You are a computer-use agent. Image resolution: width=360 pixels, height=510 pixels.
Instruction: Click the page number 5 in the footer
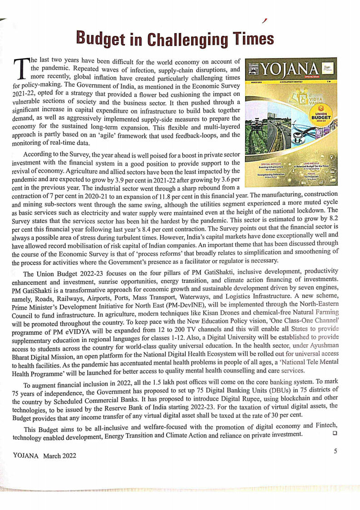click(335, 451)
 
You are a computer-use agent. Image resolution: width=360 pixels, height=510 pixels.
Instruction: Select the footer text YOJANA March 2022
click(44, 456)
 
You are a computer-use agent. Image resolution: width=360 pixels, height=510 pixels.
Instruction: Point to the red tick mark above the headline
click(264, 20)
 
